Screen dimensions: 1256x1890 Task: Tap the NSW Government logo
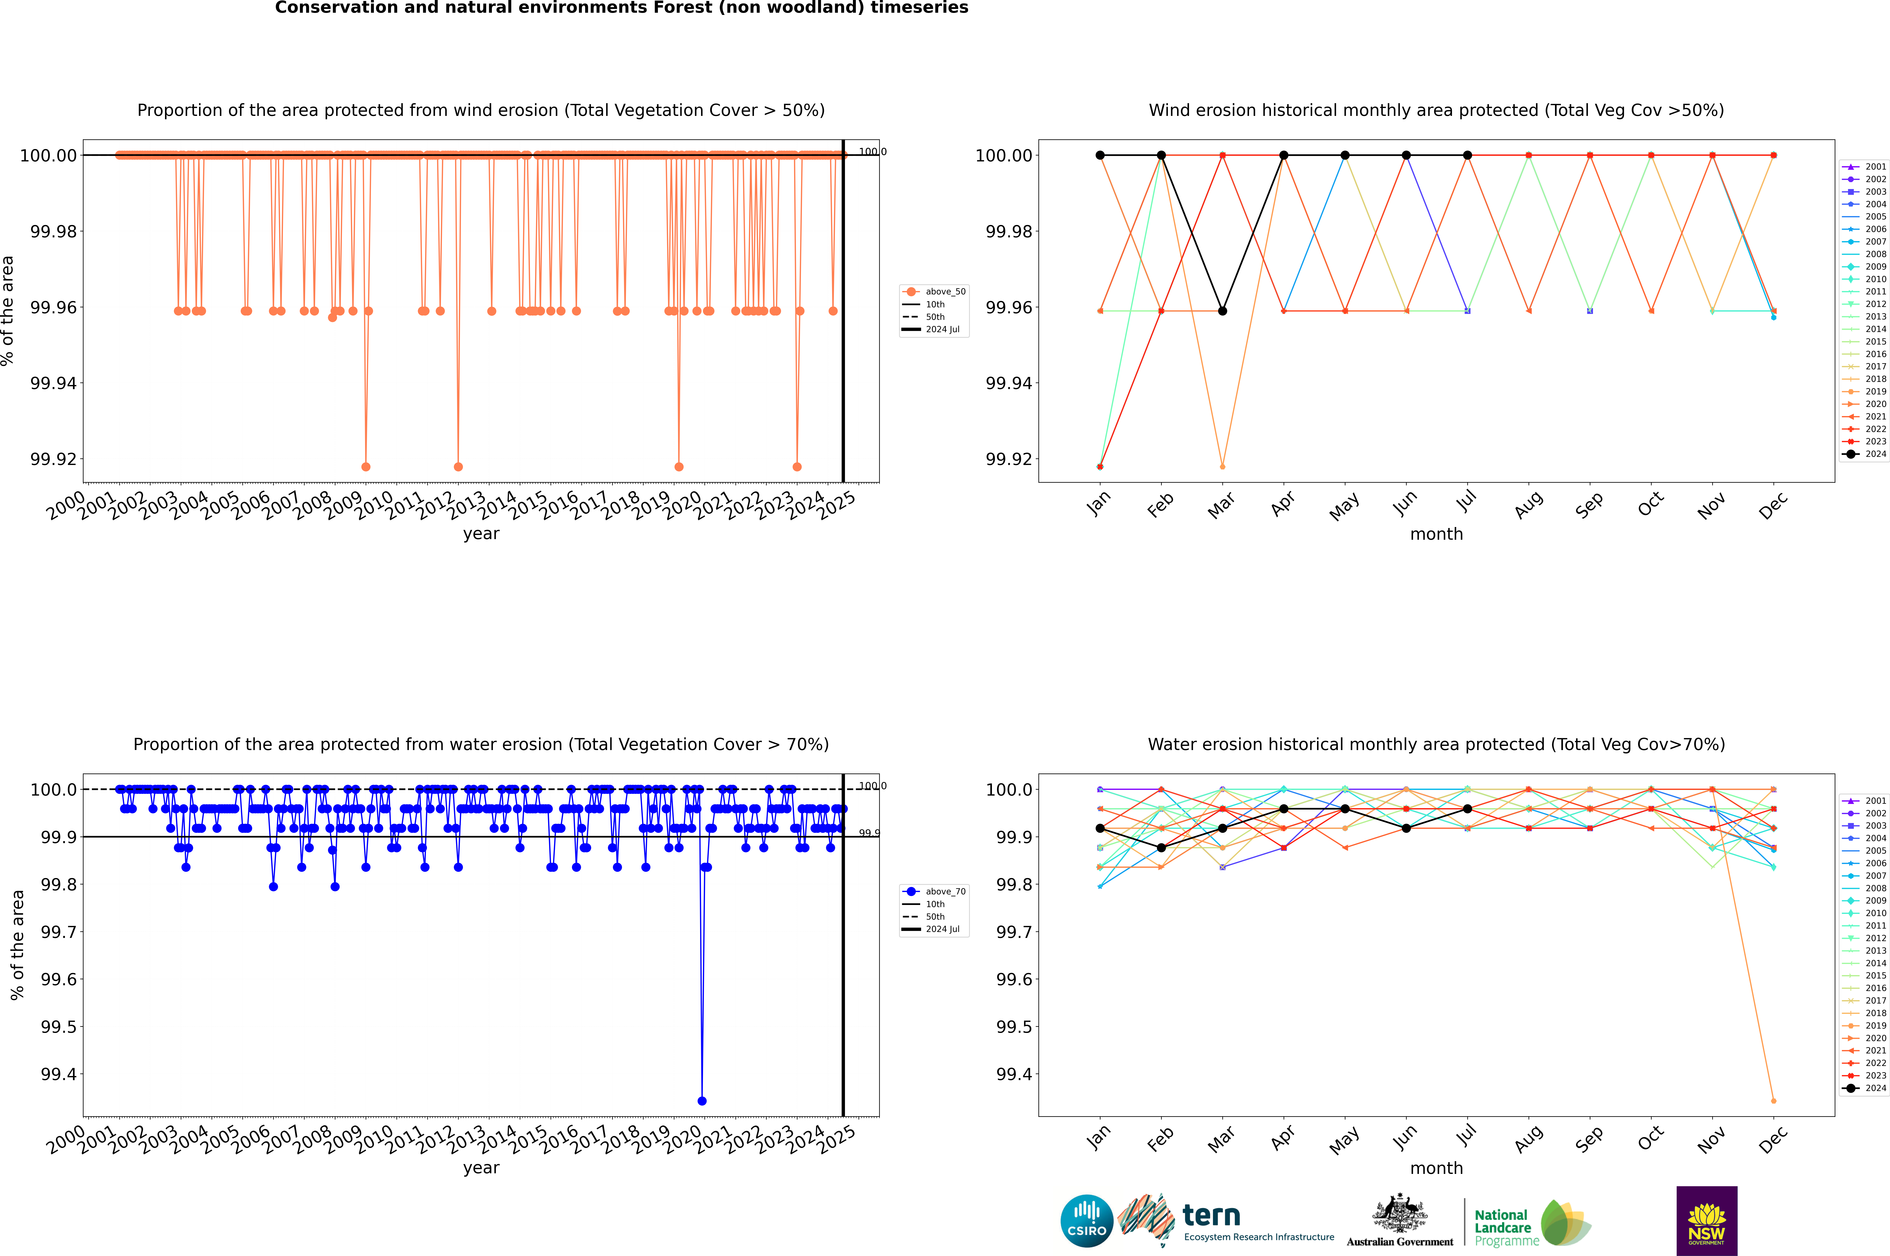1706,1221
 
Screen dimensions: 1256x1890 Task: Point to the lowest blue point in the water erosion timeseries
702,1101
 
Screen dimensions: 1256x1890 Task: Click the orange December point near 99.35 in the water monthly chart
1773,1101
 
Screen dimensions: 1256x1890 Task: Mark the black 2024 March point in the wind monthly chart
1223,311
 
